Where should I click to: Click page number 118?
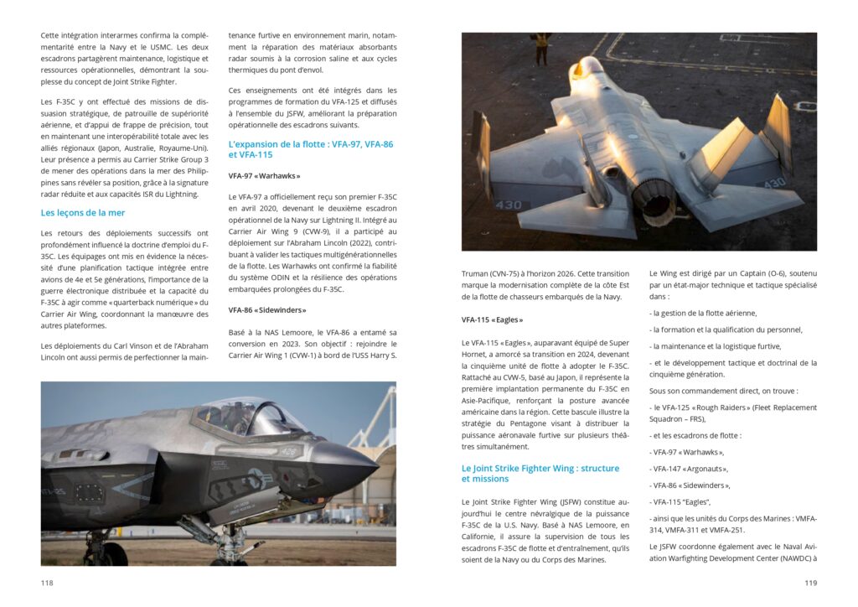47,583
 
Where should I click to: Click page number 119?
810,583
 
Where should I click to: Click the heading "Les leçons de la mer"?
83,213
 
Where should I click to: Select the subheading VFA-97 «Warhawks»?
264,176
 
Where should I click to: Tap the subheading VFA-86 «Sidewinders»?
267,310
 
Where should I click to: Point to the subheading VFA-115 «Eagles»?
494,319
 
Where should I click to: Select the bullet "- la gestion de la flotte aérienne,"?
703,313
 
